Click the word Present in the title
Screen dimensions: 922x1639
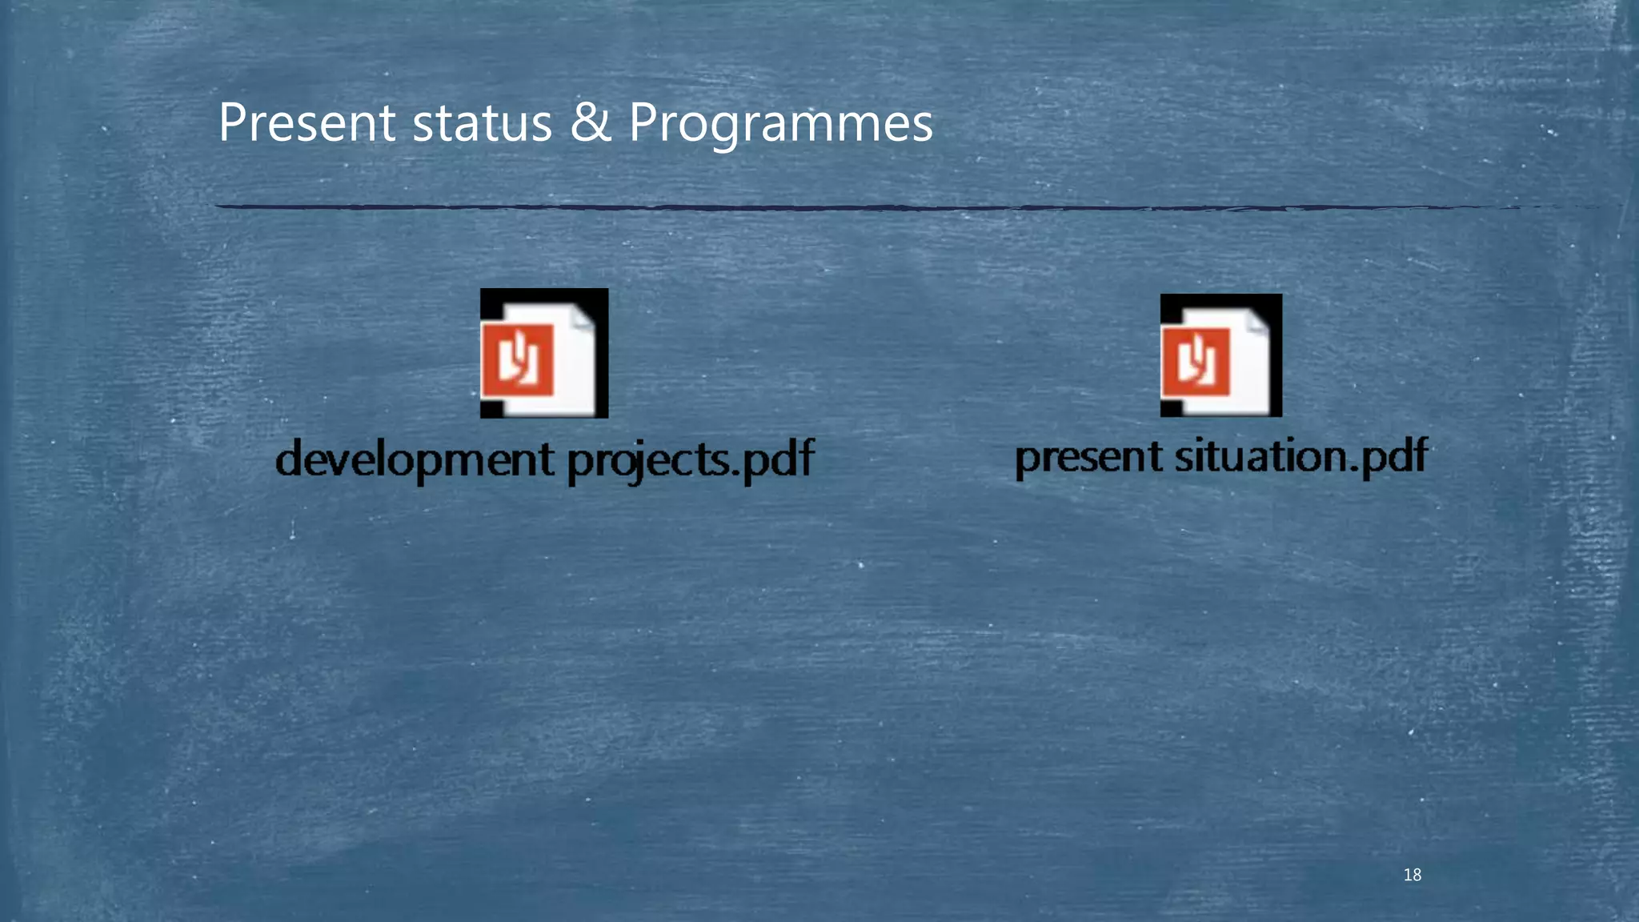(307, 123)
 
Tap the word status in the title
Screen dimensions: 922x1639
(482, 123)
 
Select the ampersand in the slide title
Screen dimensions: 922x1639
(591, 123)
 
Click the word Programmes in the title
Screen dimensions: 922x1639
(780, 125)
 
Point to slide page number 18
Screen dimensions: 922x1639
(1413, 875)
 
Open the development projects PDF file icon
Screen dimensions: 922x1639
(544, 353)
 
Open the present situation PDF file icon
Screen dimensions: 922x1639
(1221, 355)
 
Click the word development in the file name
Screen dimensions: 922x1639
(415, 460)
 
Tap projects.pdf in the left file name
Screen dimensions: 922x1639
(691, 460)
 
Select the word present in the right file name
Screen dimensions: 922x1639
(1088, 457)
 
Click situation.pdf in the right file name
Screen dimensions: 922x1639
(1301, 457)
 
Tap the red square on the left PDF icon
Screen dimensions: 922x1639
(517, 359)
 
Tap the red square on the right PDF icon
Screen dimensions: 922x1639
(1196, 362)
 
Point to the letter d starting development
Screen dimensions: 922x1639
(291, 459)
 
